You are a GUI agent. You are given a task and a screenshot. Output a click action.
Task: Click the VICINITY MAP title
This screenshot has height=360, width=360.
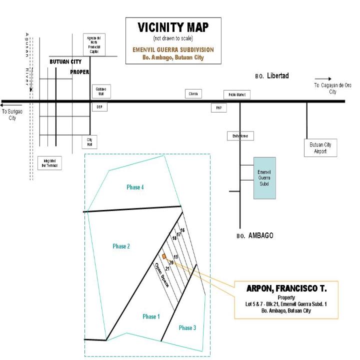(x=172, y=28)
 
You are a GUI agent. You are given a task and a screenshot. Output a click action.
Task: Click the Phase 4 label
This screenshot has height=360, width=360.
(x=135, y=187)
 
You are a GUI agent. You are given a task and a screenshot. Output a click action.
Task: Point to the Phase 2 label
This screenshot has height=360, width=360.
(x=121, y=246)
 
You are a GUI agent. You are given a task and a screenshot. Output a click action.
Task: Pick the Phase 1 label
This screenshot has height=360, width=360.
(x=151, y=316)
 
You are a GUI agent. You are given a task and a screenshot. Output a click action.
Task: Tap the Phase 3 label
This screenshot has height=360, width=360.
(x=187, y=328)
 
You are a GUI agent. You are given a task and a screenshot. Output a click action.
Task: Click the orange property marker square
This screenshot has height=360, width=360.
(x=164, y=256)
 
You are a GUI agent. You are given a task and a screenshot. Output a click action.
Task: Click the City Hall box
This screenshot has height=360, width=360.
(x=90, y=142)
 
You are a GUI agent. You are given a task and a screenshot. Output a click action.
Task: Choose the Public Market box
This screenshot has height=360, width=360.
(x=236, y=95)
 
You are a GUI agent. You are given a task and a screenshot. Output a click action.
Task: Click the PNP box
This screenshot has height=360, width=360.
(x=218, y=107)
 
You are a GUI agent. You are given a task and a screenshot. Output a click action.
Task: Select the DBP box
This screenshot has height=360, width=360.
(x=99, y=107)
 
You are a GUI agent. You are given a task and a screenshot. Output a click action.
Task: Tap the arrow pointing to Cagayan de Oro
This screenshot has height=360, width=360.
(x=323, y=78)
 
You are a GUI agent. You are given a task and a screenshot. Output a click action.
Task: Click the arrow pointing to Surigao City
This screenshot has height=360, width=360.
(x=7, y=105)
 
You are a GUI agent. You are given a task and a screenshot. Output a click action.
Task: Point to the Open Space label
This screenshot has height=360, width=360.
(x=162, y=275)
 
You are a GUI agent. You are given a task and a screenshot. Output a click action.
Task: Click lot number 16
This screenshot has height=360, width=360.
(x=182, y=230)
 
